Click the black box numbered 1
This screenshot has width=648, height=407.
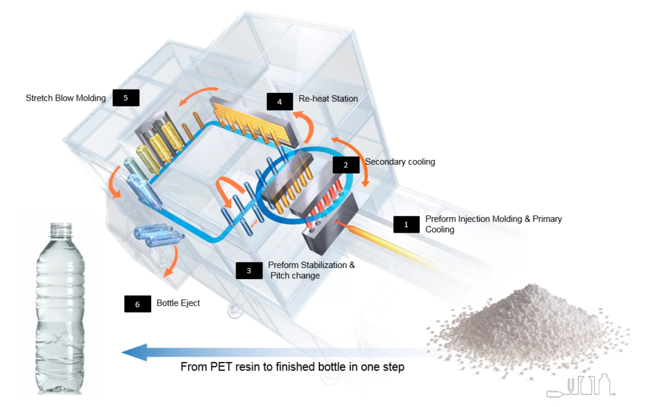(x=406, y=224)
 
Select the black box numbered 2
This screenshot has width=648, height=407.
(x=346, y=165)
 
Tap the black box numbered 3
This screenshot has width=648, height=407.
(x=249, y=270)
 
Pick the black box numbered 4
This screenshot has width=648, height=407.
(x=280, y=101)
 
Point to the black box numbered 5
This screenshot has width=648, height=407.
(x=126, y=98)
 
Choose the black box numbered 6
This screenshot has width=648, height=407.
(x=137, y=304)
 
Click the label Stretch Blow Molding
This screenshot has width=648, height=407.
(x=66, y=98)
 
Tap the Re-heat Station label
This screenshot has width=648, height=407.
(x=328, y=98)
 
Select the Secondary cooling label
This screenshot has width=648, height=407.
(x=400, y=162)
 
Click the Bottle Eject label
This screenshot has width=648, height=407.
(x=178, y=303)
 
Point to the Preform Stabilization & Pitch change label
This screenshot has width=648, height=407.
(x=311, y=270)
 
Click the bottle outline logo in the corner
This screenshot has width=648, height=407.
(x=581, y=386)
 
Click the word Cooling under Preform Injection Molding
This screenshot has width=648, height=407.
(x=440, y=229)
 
